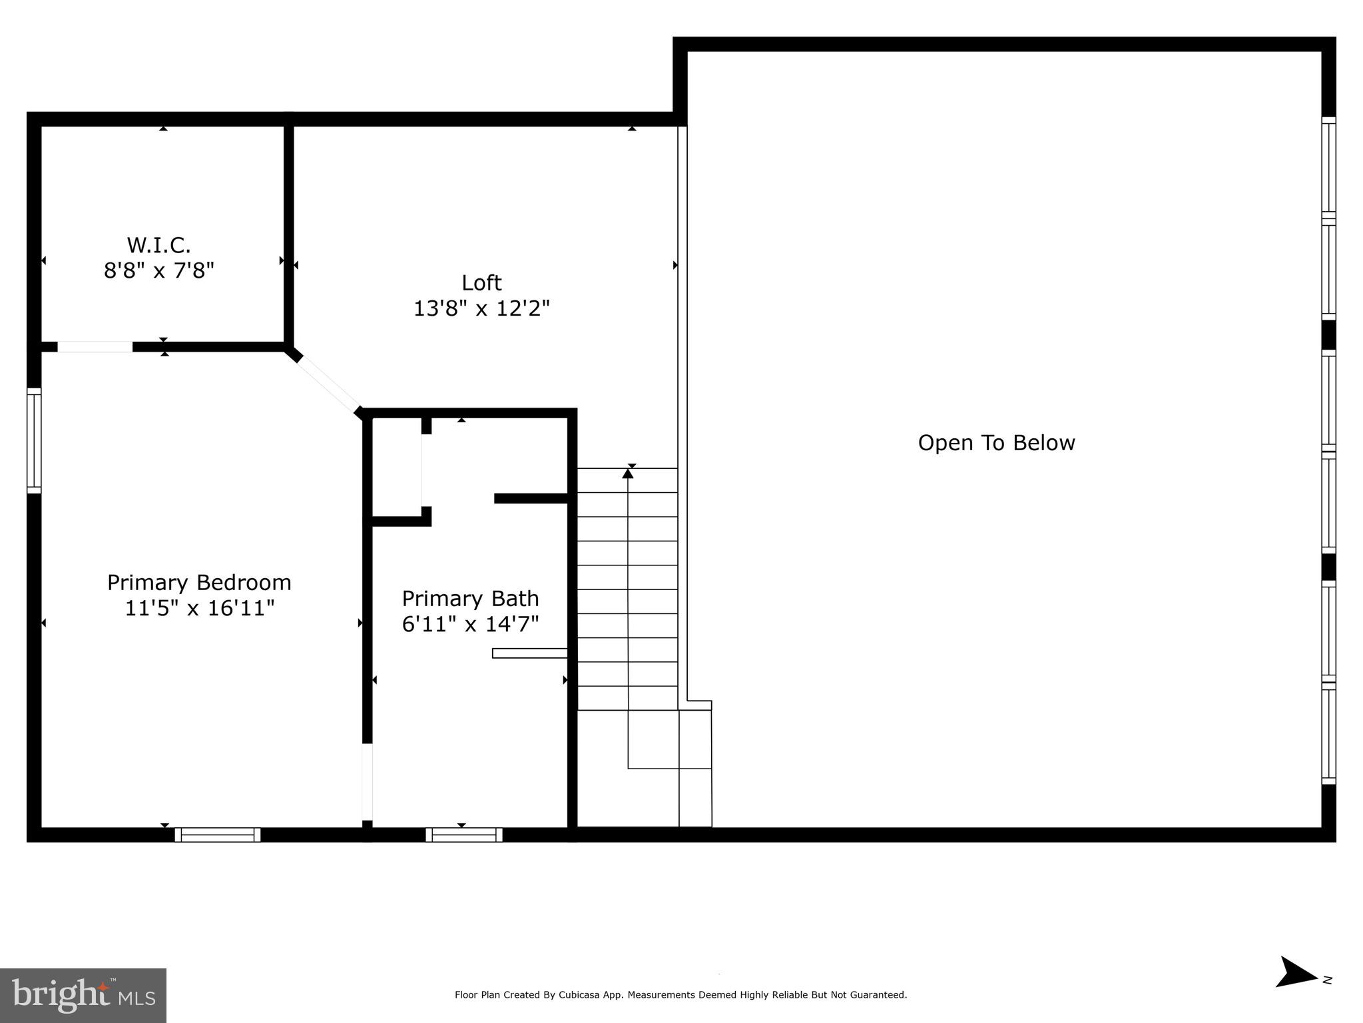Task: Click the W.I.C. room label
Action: [158, 245]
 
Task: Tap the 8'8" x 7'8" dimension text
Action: [158, 271]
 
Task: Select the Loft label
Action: [481, 283]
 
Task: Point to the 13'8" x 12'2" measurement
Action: [481, 309]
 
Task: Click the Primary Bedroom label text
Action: [199, 583]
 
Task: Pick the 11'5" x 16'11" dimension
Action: [199, 608]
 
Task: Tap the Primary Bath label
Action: [470, 599]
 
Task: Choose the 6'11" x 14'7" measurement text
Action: [470, 624]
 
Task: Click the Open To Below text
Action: [996, 443]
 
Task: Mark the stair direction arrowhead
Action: [627, 474]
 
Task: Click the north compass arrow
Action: [1296, 991]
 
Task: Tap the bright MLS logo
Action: [83, 995]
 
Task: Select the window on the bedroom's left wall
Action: [34, 441]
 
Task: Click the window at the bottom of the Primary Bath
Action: [464, 835]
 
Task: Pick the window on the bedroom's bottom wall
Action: [218, 835]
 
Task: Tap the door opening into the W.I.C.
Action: [95, 347]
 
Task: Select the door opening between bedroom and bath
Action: [367, 782]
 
